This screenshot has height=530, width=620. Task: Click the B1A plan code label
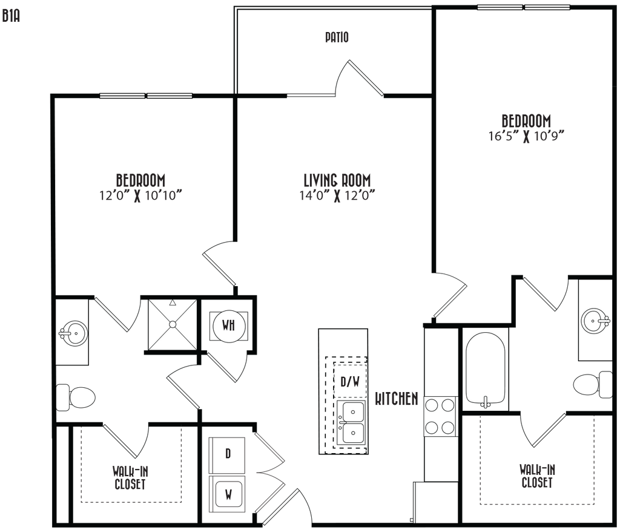[x=11, y=16]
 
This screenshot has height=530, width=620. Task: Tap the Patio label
[x=337, y=38]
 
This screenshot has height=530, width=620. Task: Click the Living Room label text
[x=337, y=181]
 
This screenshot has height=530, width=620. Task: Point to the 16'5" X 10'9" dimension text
[x=526, y=136]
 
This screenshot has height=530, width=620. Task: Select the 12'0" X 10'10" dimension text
[x=140, y=195]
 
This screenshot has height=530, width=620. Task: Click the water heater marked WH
[x=228, y=326]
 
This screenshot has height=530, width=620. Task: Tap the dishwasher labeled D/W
[x=350, y=381]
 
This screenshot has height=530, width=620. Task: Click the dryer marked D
[x=228, y=454]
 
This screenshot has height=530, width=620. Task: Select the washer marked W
[x=228, y=494]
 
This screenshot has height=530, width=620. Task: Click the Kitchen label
[x=396, y=399]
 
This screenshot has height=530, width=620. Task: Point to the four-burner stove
[x=441, y=416]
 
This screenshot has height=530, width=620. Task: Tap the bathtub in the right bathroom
[x=485, y=371]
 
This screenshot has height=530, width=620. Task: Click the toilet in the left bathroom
[x=76, y=397]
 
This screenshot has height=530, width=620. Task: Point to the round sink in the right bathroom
[x=596, y=320]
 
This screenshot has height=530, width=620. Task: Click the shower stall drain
[x=173, y=324]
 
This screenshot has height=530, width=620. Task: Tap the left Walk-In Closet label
[x=130, y=477]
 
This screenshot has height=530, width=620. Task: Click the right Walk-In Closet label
[x=537, y=476]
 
